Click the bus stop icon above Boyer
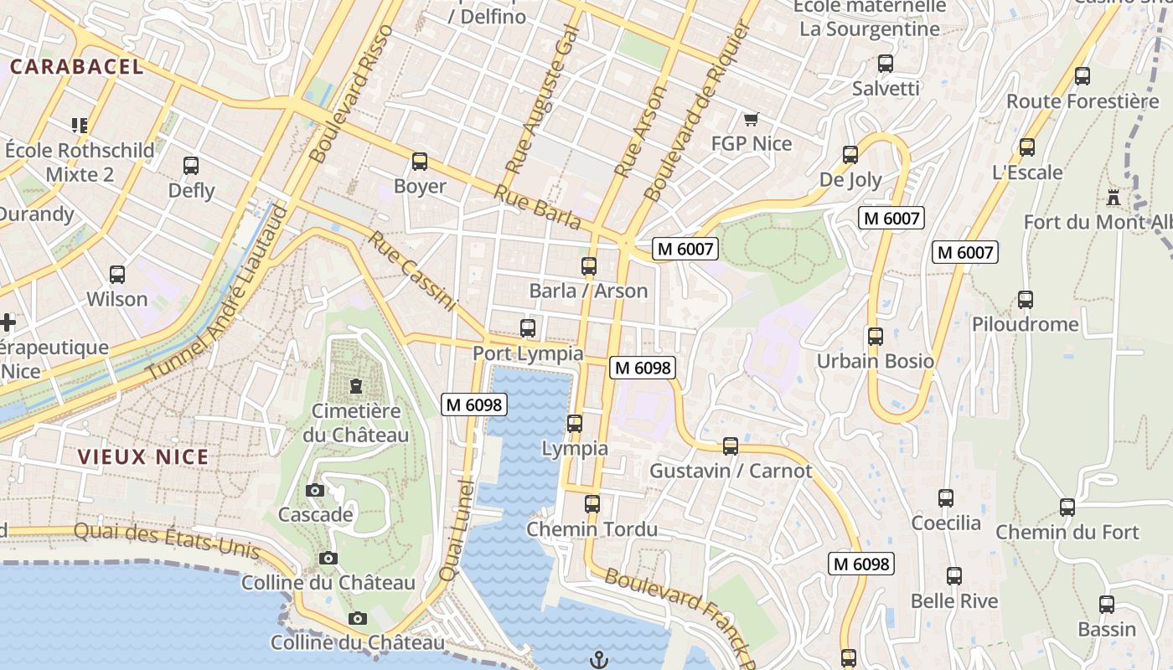pos(420,162)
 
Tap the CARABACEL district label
pos(77,67)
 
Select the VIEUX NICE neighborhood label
pos(142,457)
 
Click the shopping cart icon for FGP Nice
pos(751,121)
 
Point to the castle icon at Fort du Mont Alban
pos(1114,198)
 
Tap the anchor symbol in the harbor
pos(598,660)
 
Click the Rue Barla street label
pos(537,207)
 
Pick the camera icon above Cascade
pos(315,490)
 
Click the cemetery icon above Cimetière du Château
pos(356,386)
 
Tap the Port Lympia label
pos(528,353)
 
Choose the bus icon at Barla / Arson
pos(589,266)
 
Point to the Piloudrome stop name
pos(1025,324)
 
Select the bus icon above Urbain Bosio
pos(876,337)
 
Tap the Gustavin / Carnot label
pos(731,471)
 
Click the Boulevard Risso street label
pos(350,94)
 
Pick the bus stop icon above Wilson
pos(117,275)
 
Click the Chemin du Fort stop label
pos(1067,532)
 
